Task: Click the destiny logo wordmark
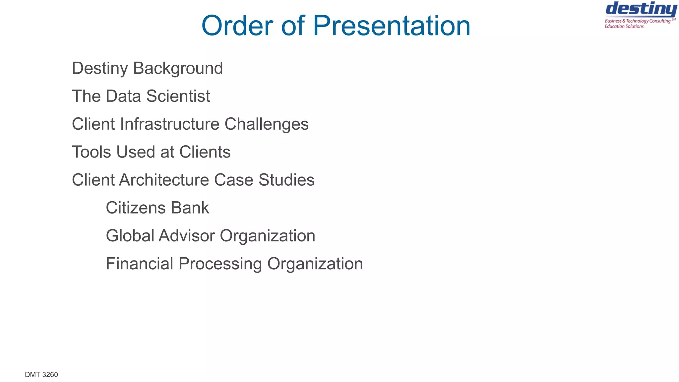641,9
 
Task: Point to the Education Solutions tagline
624,27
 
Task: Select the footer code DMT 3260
41,375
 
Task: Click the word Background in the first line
178,68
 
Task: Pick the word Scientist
178,96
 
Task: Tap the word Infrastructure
170,124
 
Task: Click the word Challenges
267,124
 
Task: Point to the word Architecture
164,180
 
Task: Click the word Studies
286,180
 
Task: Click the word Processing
220,264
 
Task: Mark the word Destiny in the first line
100,68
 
